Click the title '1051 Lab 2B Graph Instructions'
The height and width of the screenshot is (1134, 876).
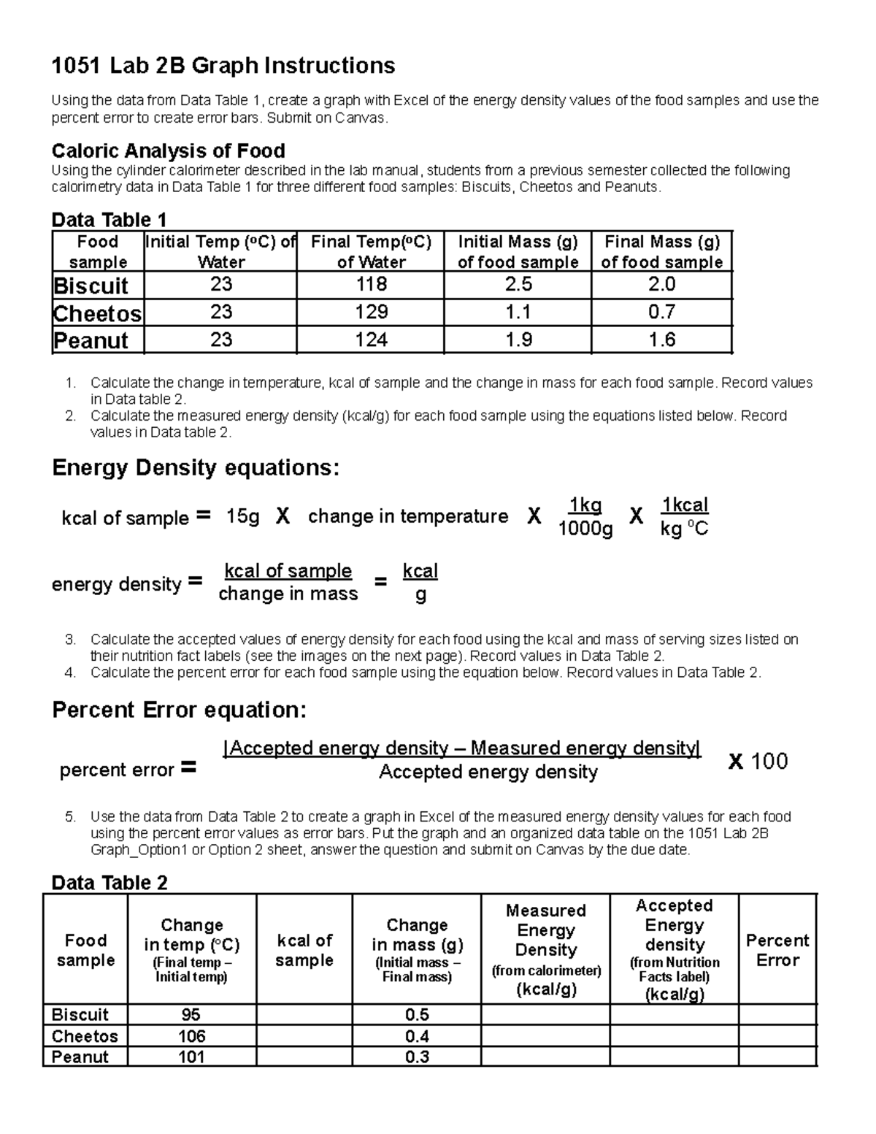pos(223,66)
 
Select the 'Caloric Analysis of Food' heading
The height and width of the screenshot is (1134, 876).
pos(168,151)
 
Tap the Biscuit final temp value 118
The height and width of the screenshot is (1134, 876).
pos(371,284)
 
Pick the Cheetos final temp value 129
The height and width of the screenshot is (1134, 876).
pos(371,313)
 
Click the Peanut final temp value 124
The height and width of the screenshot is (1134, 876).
pos(371,340)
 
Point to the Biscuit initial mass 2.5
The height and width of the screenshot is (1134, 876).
pos(518,284)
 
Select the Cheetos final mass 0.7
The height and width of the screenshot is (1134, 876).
pos(661,313)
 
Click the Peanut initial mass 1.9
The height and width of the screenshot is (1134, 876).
pos(518,340)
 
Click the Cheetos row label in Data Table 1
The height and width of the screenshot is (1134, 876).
pos(98,313)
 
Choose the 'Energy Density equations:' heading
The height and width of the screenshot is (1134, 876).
pos(196,468)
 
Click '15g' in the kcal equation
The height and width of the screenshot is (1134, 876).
pos(242,517)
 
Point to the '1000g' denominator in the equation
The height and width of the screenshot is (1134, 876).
pos(585,529)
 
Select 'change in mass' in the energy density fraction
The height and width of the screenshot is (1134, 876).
pos(288,594)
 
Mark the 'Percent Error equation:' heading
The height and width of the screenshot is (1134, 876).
pos(180,710)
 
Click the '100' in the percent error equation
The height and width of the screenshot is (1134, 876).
pos(769,762)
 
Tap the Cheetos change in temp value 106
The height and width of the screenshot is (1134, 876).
pos(191,1036)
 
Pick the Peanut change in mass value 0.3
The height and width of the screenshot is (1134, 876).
pos(417,1057)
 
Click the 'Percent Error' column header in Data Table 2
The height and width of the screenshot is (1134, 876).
pos(777,950)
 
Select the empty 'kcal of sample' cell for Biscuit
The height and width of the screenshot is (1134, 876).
pos(304,1015)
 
